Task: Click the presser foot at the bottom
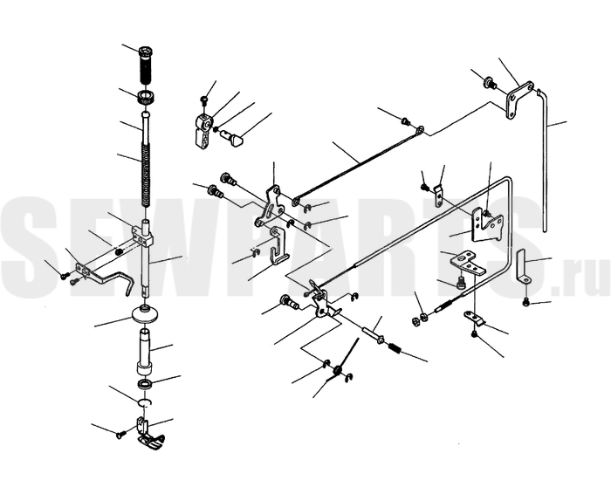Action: click(149, 436)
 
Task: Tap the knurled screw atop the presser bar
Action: click(146, 65)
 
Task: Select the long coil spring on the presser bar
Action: click(146, 176)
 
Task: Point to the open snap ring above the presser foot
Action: click(145, 402)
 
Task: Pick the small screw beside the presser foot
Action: click(120, 435)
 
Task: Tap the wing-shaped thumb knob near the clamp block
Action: click(231, 138)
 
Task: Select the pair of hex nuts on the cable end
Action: click(420, 319)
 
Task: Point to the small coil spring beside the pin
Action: click(395, 348)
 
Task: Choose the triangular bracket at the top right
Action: click(519, 99)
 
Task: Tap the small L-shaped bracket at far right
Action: click(524, 267)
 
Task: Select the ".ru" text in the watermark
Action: click(580, 279)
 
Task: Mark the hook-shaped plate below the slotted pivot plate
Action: click(278, 245)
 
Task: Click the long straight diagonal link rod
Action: click(358, 164)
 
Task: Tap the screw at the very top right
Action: click(490, 83)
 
